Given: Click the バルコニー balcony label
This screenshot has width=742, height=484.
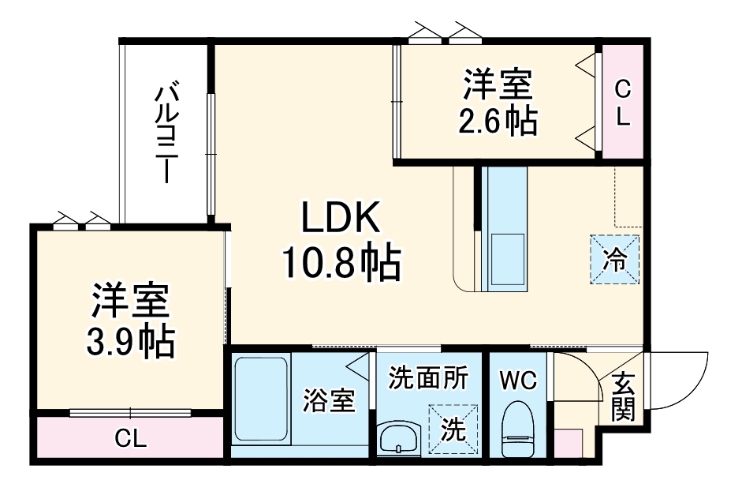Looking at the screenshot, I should pos(165,133).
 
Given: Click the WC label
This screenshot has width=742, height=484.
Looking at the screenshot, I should pos(517,381).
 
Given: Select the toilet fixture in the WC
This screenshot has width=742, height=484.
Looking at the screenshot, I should pos(517,430).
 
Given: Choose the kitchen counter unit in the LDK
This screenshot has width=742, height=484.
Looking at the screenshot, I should pos(504,229).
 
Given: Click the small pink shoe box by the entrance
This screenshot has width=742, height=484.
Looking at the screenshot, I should pos(569,443).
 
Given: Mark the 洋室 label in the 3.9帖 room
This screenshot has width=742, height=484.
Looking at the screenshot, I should pos(131,302).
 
